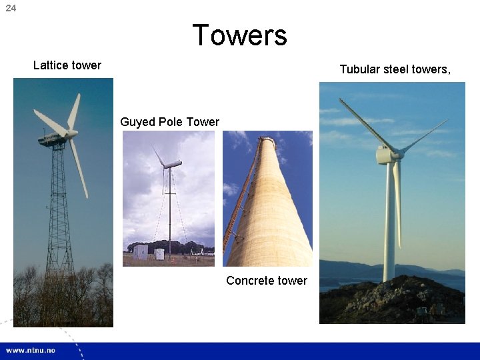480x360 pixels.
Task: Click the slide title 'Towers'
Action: (x=239, y=35)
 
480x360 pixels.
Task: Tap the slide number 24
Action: (x=11, y=8)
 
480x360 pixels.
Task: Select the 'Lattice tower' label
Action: (x=67, y=65)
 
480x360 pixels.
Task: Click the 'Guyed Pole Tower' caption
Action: (x=169, y=122)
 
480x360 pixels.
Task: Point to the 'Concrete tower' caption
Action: (x=267, y=281)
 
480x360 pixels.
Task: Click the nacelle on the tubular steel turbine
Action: (x=385, y=155)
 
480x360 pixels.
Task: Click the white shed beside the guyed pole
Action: (x=140, y=252)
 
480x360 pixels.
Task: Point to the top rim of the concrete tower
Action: (x=267, y=139)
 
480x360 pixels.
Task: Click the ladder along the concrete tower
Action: (x=240, y=200)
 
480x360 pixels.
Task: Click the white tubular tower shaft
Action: (x=389, y=227)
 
